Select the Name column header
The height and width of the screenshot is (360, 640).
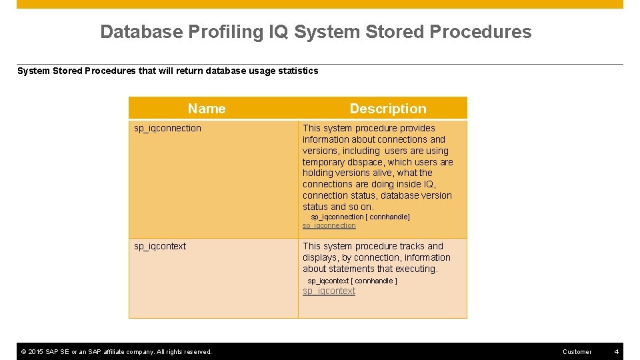pos(207,109)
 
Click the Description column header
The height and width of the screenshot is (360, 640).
pos(387,109)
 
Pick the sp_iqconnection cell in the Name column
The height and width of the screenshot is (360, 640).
pos(167,128)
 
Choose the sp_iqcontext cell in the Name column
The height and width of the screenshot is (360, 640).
pos(160,246)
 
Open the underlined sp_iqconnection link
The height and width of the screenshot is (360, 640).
pos(329,226)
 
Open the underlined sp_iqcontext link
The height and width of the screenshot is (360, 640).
pos(329,291)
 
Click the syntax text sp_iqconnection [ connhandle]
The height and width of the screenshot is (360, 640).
pos(360,217)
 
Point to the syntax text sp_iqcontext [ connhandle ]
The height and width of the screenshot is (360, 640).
pos(352,281)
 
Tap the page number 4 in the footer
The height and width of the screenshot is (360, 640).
pos(617,351)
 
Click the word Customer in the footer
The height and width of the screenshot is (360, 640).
pos(577,351)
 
